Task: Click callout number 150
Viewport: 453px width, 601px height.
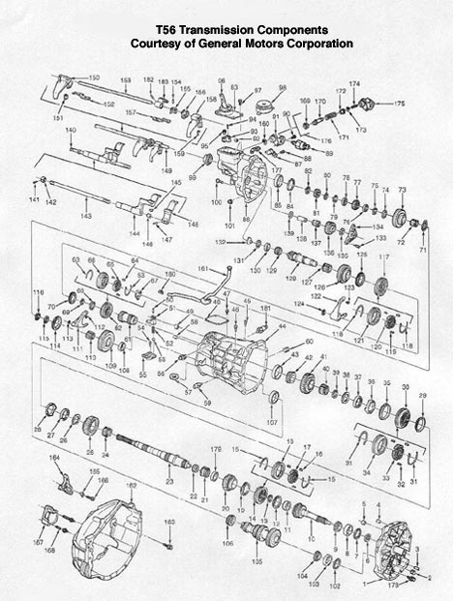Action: (x=94, y=77)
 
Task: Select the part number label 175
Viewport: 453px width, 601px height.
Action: (x=399, y=103)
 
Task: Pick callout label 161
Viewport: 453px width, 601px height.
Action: (x=203, y=267)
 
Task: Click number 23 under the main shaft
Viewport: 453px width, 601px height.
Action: (x=169, y=480)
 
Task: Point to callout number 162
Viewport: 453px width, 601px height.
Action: (x=132, y=485)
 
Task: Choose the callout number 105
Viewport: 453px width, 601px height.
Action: (x=257, y=562)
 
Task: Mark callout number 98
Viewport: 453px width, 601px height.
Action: (x=283, y=88)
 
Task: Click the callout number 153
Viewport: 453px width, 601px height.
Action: (x=126, y=79)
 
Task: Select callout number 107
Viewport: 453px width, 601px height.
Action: (x=272, y=422)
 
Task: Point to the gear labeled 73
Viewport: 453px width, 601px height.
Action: (x=401, y=212)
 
